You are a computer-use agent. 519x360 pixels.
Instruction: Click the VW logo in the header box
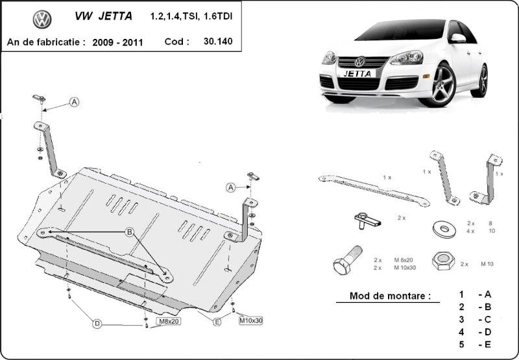pyautogui.click(x=42, y=19)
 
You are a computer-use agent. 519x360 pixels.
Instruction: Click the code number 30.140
pyautogui.click(x=218, y=41)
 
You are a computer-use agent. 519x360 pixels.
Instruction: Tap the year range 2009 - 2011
pyautogui.click(x=117, y=42)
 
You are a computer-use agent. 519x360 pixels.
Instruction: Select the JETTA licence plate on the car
pyautogui.click(x=357, y=73)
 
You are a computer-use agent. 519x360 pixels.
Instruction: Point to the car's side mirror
pyautogui.click(x=457, y=38)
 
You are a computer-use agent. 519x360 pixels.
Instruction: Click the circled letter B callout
pyautogui.click(x=129, y=232)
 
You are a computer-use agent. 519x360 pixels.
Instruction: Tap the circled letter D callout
pyautogui.click(x=97, y=324)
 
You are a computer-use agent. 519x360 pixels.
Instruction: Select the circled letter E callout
pyautogui.click(x=217, y=322)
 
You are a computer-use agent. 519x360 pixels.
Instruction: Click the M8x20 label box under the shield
pyautogui.click(x=169, y=321)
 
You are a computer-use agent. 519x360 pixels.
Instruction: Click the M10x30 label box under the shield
pyautogui.click(x=251, y=320)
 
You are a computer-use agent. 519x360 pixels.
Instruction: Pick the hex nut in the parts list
pyautogui.click(x=443, y=260)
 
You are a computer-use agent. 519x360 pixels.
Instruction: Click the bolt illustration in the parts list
pyautogui.click(x=348, y=260)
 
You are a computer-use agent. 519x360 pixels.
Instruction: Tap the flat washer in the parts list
pyautogui.click(x=444, y=230)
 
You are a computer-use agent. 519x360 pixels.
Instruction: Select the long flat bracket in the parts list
pyautogui.click(x=374, y=191)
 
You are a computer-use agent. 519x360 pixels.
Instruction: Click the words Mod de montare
pyautogui.click(x=391, y=296)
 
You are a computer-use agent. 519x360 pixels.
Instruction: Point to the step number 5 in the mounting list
pyautogui.click(x=462, y=344)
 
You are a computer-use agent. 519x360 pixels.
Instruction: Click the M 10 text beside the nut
pyautogui.click(x=487, y=264)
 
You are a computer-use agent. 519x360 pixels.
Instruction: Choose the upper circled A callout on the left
pyautogui.click(x=75, y=102)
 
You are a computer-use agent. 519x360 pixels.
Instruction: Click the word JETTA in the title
pyautogui.click(x=115, y=16)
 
